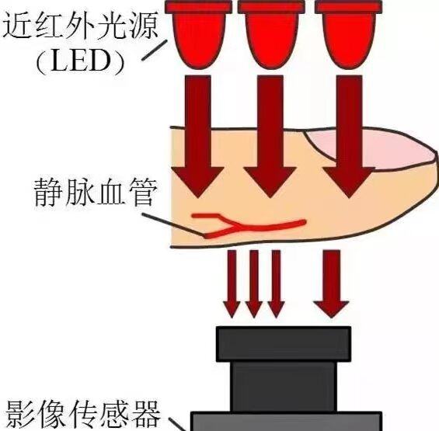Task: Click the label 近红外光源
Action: tap(80, 26)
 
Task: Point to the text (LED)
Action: tap(80, 61)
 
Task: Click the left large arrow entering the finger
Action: tap(198, 137)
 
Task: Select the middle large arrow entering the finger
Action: tap(270, 137)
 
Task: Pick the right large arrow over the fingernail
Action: tap(349, 137)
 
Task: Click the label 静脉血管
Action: tap(94, 193)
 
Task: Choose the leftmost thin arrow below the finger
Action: tap(232, 283)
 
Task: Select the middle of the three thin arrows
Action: tap(254, 283)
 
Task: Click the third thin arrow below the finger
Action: tap(277, 283)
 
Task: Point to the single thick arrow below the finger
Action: tap(332, 283)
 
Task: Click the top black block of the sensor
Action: tap(284, 344)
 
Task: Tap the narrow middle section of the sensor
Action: tap(284, 387)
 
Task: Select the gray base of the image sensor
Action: tap(287, 421)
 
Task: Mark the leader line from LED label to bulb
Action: tap(155, 50)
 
